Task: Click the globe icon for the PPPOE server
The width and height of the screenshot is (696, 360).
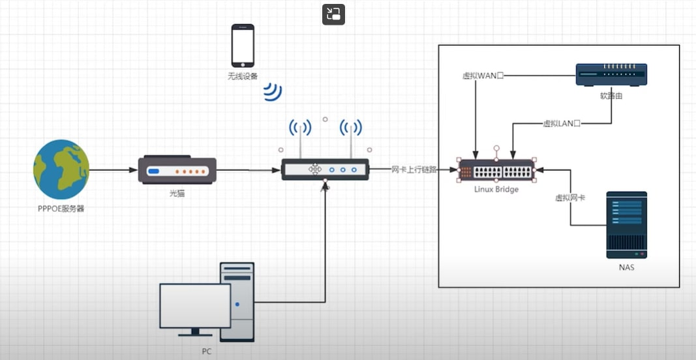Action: click(x=61, y=170)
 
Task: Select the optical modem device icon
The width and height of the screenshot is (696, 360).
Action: click(x=175, y=170)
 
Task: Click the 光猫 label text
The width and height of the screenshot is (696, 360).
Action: click(x=175, y=193)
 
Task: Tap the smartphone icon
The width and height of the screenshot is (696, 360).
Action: click(x=243, y=45)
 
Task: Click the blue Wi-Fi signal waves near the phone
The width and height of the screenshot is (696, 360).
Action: click(x=273, y=93)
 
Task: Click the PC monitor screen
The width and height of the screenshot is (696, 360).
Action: click(x=195, y=306)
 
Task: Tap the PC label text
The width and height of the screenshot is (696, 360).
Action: click(x=206, y=351)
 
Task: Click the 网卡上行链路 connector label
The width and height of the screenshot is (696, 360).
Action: click(x=414, y=170)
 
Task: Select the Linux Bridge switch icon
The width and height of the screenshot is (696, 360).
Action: click(x=496, y=172)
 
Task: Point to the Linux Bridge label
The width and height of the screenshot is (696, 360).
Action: click(x=496, y=189)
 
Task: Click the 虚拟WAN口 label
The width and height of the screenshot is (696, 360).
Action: click(x=483, y=76)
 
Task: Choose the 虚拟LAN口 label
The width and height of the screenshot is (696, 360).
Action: click(x=562, y=123)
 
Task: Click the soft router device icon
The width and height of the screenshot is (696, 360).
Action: click(x=611, y=75)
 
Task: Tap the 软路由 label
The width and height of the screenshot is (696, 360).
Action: click(x=611, y=96)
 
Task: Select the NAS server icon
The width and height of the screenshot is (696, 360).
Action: click(x=626, y=224)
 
